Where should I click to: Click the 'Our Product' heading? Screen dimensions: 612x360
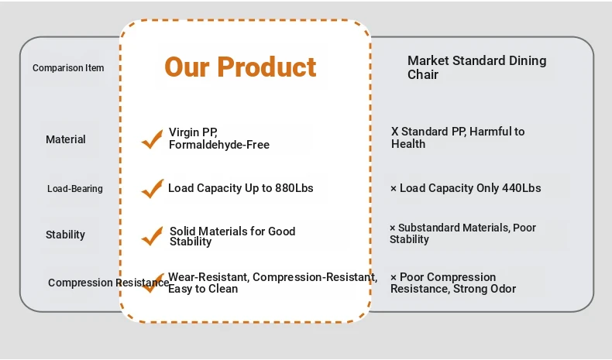click(x=240, y=67)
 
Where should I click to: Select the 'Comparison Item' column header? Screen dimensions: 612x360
click(x=68, y=68)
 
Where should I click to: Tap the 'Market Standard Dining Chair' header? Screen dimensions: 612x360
click(x=476, y=67)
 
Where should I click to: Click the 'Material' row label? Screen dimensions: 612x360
click(x=66, y=139)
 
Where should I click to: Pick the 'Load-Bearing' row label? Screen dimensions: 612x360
click(x=75, y=189)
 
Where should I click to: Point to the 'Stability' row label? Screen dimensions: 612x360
click(x=65, y=235)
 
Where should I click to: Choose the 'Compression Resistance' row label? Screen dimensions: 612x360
click(x=108, y=283)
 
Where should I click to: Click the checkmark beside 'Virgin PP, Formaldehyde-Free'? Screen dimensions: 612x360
click(x=152, y=139)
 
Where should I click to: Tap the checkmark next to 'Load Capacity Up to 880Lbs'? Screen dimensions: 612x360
click(x=152, y=189)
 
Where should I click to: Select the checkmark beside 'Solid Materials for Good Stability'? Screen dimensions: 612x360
click(x=152, y=236)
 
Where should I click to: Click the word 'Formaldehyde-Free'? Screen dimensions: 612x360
click(x=219, y=145)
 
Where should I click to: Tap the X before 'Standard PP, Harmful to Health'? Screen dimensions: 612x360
click(x=394, y=132)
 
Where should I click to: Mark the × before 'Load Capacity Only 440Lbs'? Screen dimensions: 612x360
click(x=394, y=189)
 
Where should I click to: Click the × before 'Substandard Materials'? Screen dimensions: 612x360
click(x=393, y=228)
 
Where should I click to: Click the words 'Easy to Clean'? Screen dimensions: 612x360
click(x=203, y=289)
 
